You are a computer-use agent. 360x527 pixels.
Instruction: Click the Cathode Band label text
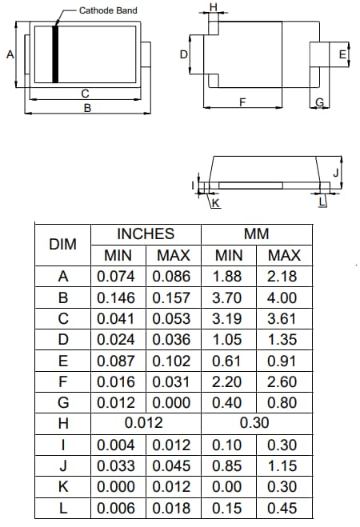[108, 10]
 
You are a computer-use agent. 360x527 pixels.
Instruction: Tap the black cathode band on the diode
[55, 54]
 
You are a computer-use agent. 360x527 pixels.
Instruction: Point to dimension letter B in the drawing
[87, 107]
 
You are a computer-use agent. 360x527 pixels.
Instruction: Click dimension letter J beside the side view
[336, 172]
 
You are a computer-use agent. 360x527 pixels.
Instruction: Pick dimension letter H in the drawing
[212, 7]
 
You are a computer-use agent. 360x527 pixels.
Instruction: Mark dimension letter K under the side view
[215, 204]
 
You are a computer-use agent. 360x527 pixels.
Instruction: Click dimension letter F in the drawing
[242, 102]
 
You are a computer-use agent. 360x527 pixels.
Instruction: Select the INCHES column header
[146, 234]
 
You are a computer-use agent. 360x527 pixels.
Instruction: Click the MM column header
[256, 234]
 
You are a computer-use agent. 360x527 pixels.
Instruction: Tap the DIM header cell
[62, 245]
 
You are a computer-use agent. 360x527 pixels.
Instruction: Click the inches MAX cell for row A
[173, 277]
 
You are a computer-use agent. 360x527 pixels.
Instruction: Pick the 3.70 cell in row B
[229, 297]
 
